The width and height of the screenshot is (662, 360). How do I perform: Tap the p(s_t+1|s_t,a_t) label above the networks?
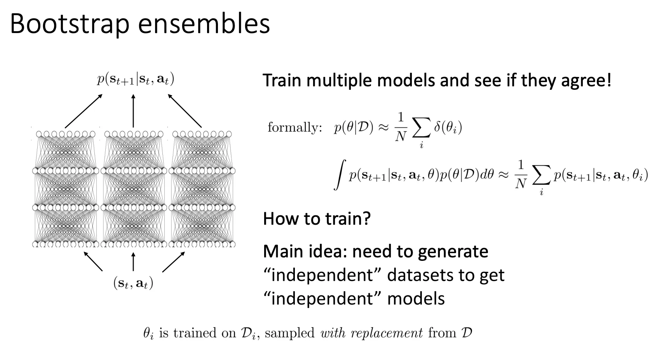135,80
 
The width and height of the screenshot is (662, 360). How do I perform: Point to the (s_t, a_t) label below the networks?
133,283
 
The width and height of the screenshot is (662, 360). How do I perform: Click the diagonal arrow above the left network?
83,111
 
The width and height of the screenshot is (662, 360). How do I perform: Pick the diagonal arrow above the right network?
185,111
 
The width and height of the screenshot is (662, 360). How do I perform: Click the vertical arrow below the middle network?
133,262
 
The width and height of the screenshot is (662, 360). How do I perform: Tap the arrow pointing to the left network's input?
93,262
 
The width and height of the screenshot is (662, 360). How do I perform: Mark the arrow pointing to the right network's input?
173,262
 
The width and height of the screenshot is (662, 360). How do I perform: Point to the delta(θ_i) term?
448,128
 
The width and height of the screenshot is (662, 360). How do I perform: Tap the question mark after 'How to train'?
366,218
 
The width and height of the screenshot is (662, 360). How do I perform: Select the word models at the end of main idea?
416,299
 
